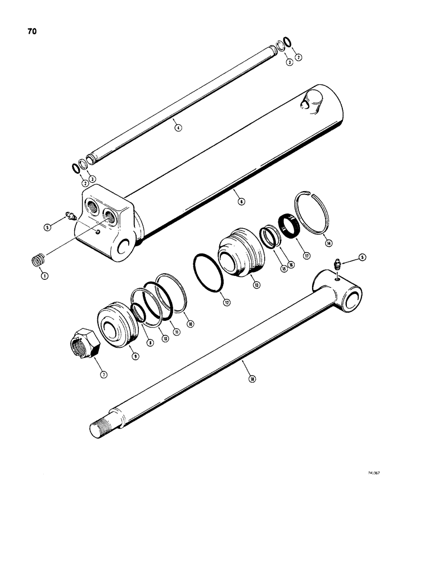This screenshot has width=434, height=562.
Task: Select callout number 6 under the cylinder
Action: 241,201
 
